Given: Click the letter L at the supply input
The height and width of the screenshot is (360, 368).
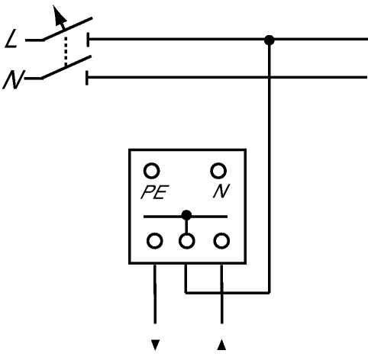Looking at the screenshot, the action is (11, 39).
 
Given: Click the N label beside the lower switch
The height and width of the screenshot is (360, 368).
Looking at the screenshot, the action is (13, 80).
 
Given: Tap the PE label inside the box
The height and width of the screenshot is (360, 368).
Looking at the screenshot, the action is (155, 192).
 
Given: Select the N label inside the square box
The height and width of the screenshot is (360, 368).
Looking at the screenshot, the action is (221, 191).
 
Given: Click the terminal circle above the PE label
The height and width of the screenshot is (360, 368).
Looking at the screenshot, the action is (152, 171).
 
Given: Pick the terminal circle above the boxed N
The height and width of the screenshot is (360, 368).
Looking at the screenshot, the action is (218, 171).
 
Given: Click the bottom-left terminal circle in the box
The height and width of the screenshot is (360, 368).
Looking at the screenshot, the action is (155, 241).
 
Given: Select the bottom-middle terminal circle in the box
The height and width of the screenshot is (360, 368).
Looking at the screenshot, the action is (187, 241).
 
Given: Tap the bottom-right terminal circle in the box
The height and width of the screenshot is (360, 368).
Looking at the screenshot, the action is (221, 241).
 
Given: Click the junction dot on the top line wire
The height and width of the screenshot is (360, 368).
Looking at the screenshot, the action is (270, 40).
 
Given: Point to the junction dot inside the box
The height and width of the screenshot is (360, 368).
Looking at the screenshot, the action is (186, 215).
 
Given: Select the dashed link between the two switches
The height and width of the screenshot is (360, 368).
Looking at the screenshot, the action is (66, 52).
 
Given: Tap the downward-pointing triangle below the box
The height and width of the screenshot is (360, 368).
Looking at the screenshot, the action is (155, 345).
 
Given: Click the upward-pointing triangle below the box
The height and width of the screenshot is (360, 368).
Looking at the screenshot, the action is (221, 345).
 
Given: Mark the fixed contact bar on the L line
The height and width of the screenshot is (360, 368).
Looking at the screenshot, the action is (88, 40).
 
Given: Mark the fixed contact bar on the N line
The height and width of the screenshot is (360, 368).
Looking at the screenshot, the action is (87, 78).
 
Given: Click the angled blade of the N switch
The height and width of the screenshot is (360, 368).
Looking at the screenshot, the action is (66, 67).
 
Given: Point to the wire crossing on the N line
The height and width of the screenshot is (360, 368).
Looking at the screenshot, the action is (270, 77).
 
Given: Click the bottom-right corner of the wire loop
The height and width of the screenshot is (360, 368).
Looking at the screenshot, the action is (270, 293).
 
